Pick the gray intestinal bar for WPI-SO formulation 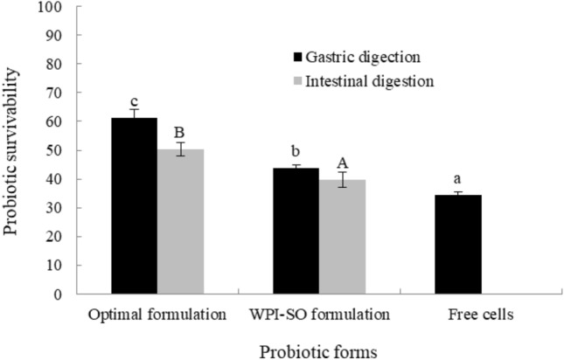point(342,237)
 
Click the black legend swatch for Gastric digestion point(297,58)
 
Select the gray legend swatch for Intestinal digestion point(297,82)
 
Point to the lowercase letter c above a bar point(134,96)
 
